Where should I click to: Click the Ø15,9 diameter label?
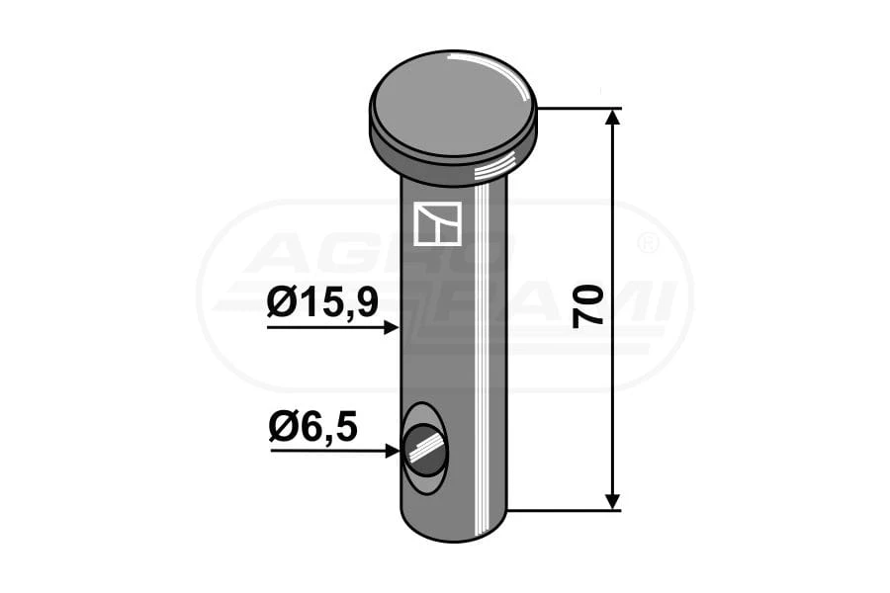point(322,304)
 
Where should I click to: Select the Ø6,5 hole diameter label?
point(312,427)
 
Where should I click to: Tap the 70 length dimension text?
point(587,306)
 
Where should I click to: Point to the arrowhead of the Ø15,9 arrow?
point(392,327)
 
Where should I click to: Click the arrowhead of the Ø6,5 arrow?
point(393,451)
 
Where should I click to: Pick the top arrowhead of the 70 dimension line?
point(612,117)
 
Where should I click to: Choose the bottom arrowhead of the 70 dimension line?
point(612,502)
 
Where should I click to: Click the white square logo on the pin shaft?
point(437,223)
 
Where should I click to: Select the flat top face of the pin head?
point(452,103)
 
